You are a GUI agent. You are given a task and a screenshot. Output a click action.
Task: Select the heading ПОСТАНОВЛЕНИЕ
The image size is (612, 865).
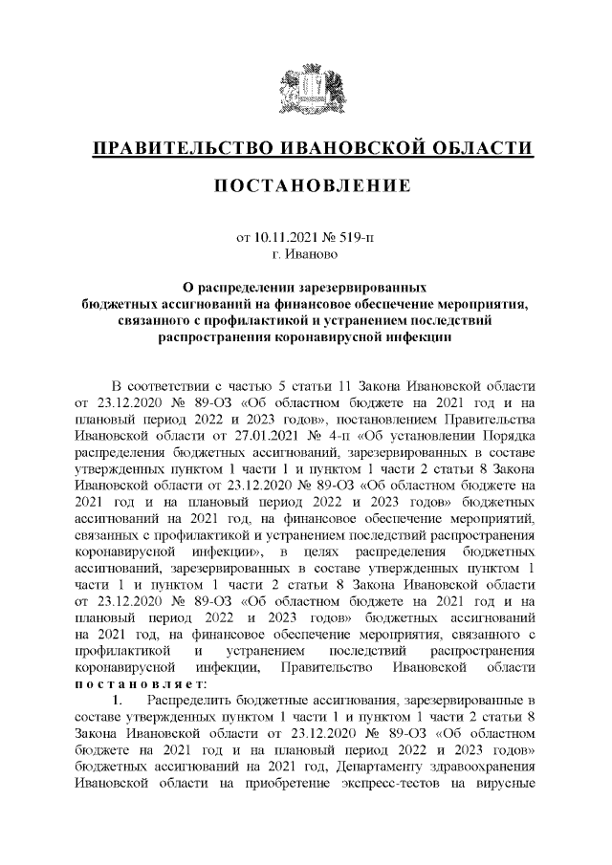click(x=306, y=184)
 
